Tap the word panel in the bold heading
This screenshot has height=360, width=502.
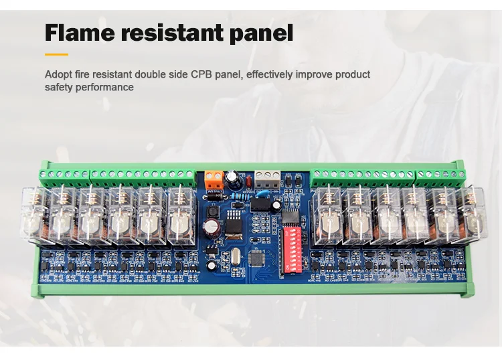click(263, 32)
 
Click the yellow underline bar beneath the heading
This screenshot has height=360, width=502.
click(57, 54)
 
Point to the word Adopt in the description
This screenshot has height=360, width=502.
click(58, 74)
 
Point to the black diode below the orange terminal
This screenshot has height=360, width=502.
click(214, 195)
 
